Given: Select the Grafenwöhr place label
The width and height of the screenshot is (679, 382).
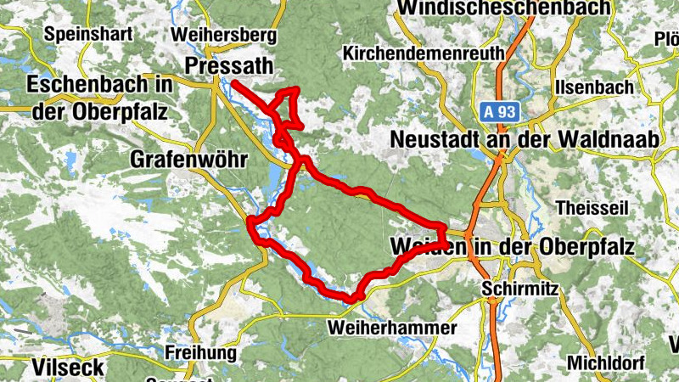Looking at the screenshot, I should tap(188, 159).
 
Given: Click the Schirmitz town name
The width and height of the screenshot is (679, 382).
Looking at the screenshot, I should tap(519, 289).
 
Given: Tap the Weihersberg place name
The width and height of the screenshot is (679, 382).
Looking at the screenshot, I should tap(224, 35).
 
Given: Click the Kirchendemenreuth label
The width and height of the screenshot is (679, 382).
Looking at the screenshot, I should tap(424, 53).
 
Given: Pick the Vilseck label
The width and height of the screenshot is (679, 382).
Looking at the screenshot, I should tap(68, 368).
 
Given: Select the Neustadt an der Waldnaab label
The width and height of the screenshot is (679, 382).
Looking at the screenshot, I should tap(525, 139).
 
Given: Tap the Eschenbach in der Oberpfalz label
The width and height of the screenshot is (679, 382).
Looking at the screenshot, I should tap(100, 98).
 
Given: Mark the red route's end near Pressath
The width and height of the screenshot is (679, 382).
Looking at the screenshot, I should tap(233, 82).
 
